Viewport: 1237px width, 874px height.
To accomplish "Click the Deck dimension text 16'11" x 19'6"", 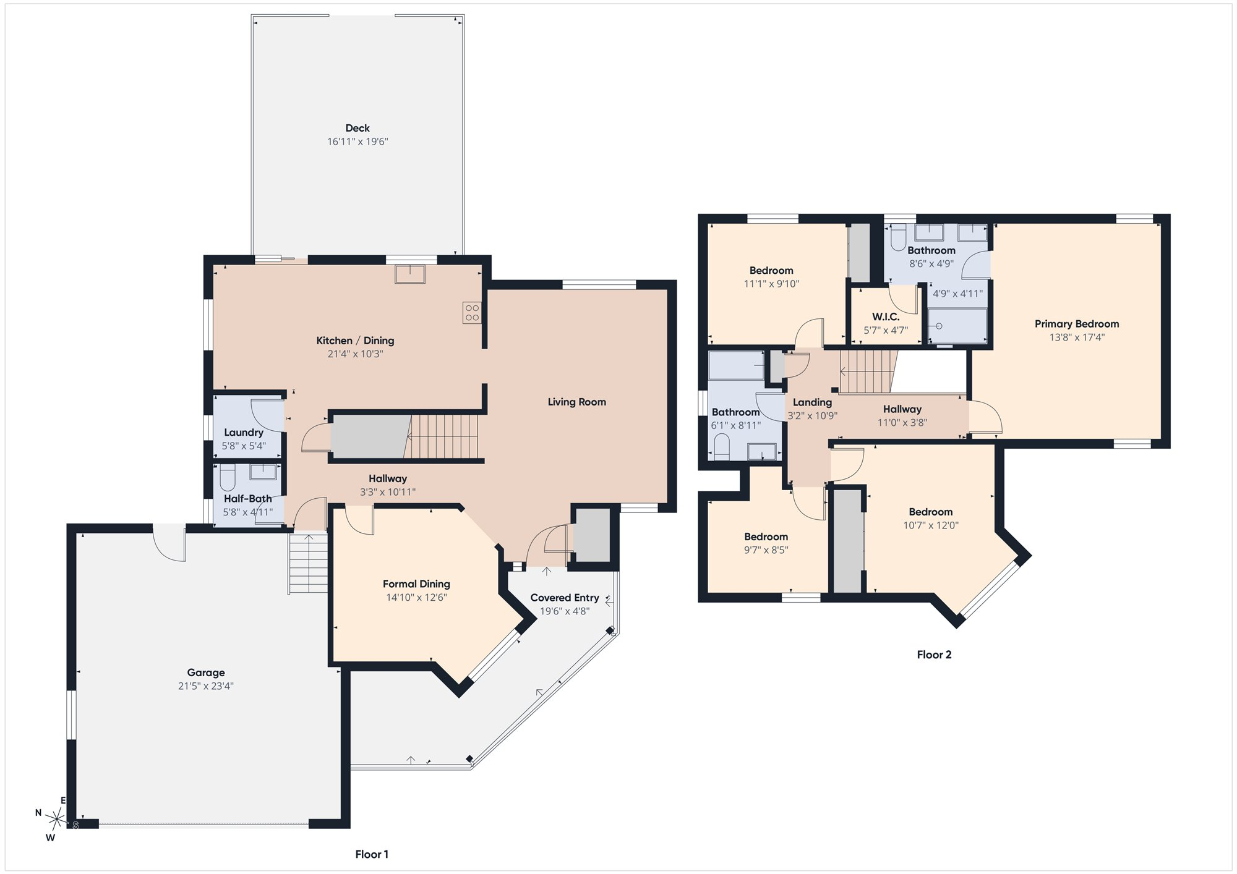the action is tap(357, 142).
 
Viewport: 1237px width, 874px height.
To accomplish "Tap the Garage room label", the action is tap(206, 672).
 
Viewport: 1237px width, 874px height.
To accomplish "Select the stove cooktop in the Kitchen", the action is tap(472, 313).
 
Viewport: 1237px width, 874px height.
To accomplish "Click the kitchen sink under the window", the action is tap(410, 274).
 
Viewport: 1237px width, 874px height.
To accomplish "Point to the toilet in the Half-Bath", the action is tap(228, 478).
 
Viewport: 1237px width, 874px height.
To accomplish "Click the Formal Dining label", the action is tap(416, 583).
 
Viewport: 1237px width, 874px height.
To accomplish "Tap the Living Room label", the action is tap(576, 402).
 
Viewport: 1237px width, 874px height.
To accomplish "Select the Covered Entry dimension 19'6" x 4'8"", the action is tap(565, 611).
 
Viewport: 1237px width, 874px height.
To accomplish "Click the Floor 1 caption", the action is tap(372, 854).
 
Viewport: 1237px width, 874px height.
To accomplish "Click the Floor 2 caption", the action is tap(934, 655).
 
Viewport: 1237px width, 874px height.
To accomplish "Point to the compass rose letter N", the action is tap(38, 813).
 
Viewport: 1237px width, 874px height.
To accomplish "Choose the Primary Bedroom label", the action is tap(1077, 324).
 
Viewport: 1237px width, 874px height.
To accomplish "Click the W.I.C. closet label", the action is tap(886, 316).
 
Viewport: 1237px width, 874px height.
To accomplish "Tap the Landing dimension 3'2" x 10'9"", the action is tap(812, 416).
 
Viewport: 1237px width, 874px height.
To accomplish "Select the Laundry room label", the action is tap(244, 433).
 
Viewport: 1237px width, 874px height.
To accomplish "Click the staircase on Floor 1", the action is tap(443, 436).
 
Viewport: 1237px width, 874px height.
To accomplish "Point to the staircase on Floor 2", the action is tap(867, 371).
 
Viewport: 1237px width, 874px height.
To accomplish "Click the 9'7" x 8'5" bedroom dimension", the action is tap(766, 550).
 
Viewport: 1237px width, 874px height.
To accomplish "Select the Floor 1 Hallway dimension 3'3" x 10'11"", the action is tap(388, 492).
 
